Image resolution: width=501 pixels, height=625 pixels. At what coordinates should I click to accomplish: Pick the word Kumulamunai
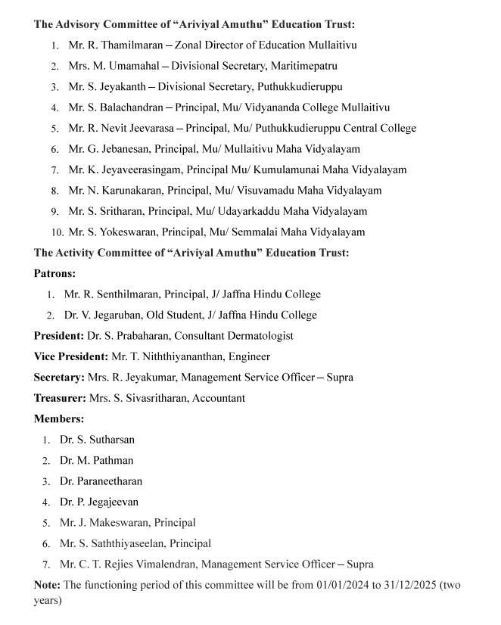tap(298, 170)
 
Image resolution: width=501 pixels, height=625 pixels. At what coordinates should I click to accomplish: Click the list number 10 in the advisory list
tap(57, 233)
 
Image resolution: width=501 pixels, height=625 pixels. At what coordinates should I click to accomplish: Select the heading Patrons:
tap(54, 273)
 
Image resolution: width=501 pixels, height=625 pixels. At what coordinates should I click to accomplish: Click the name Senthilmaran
tap(125, 294)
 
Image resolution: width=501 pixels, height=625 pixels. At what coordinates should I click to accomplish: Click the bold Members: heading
tap(59, 418)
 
